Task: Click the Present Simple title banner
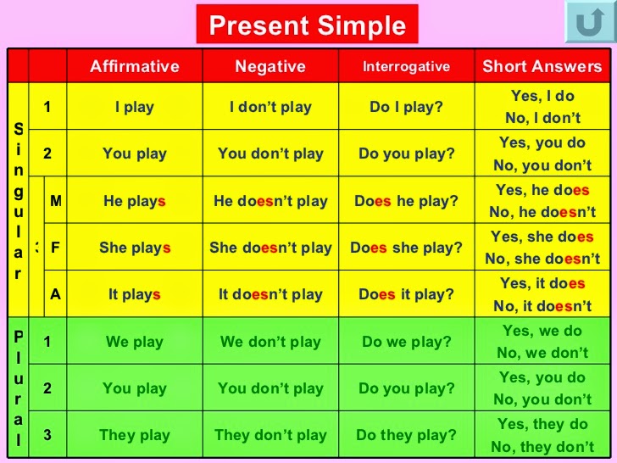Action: [x=307, y=25]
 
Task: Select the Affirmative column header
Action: [x=135, y=66]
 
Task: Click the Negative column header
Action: [x=270, y=66]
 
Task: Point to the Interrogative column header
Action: [x=406, y=66]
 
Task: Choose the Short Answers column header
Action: [x=542, y=66]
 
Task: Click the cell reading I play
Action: [x=135, y=107]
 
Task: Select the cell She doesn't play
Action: [x=270, y=248]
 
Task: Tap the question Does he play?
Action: [x=406, y=201]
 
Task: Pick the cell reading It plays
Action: [x=135, y=294]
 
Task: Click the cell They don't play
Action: [x=270, y=435]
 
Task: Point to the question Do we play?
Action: [x=406, y=342]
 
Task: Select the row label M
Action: [x=56, y=201]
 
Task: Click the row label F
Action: [x=56, y=248]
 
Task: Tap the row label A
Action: [x=56, y=294]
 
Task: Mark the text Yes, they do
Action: [x=542, y=423]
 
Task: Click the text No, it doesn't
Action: [x=542, y=306]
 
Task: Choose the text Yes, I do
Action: [x=542, y=96]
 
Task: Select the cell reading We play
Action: [x=135, y=342]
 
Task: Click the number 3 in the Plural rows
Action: [x=47, y=435]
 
